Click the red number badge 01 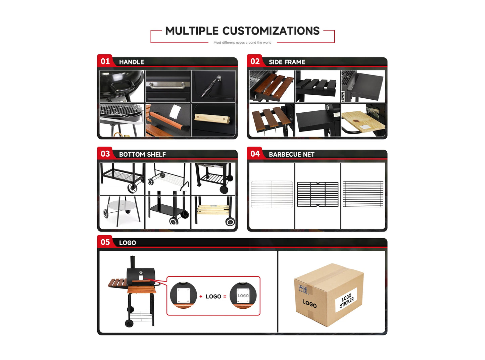point(105,61)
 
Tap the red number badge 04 point(255,154)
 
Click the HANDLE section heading point(131,62)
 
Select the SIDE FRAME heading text point(287,62)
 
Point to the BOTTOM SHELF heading point(142,154)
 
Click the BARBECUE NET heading point(291,154)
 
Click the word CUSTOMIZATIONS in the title point(271,31)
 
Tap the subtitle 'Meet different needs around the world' point(242,43)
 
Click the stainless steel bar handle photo point(167,86)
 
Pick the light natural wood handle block point(212,119)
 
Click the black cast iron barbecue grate point(318,194)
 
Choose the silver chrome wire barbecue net point(272,194)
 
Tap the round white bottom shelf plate point(122,205)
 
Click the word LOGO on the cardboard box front point(309,304)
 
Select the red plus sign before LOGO point(201,297)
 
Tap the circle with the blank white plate point(183,295)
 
